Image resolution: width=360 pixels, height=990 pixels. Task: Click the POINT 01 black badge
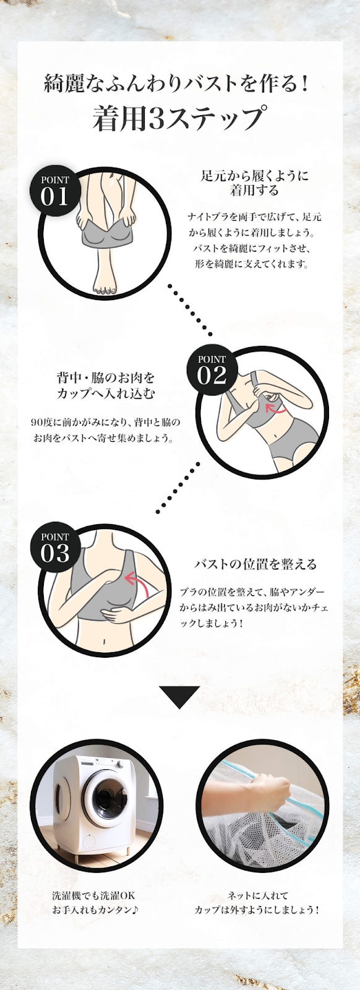55,191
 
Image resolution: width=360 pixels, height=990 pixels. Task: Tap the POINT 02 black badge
212,370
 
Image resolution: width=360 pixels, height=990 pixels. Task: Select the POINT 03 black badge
55,548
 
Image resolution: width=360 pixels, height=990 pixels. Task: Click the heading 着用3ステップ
180,118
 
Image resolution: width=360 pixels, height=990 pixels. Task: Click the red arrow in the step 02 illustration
275,410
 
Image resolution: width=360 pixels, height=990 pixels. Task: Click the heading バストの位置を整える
255,564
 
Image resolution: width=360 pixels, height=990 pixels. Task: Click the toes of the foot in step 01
105,290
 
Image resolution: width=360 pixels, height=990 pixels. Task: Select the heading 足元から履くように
254,176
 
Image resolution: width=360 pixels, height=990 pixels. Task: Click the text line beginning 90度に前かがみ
106,422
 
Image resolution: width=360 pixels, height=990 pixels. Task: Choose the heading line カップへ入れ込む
106,394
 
